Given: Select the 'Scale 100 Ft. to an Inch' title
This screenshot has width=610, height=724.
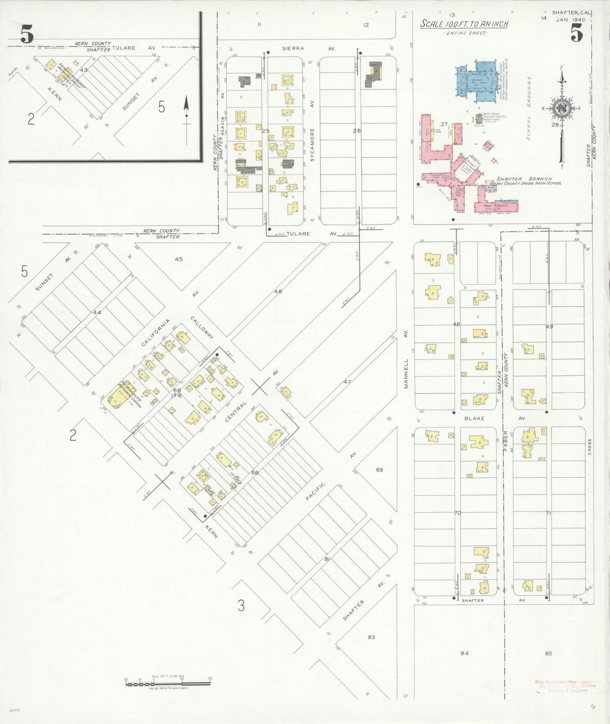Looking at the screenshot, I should (464, 24).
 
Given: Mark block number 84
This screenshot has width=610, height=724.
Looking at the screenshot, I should (464, 653).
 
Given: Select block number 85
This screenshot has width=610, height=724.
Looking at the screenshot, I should (548, 653).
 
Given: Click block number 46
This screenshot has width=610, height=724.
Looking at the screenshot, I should (278, 291).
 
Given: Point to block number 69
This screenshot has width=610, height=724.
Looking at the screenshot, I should (379, 470).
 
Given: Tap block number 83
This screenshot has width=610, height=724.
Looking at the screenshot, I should (371, 637).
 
